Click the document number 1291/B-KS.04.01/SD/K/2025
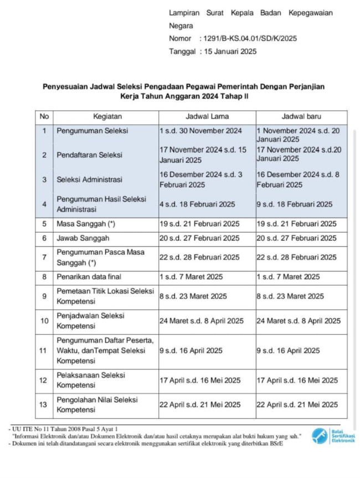251,39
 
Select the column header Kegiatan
107,117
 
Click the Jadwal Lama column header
207,117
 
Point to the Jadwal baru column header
301,117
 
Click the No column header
44,117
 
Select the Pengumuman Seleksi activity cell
92,131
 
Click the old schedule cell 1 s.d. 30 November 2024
200,131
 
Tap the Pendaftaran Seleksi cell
89,155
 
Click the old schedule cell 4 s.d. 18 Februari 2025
197,204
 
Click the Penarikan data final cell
89,276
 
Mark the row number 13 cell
44,405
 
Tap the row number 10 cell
44,321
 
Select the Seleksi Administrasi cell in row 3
89,179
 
